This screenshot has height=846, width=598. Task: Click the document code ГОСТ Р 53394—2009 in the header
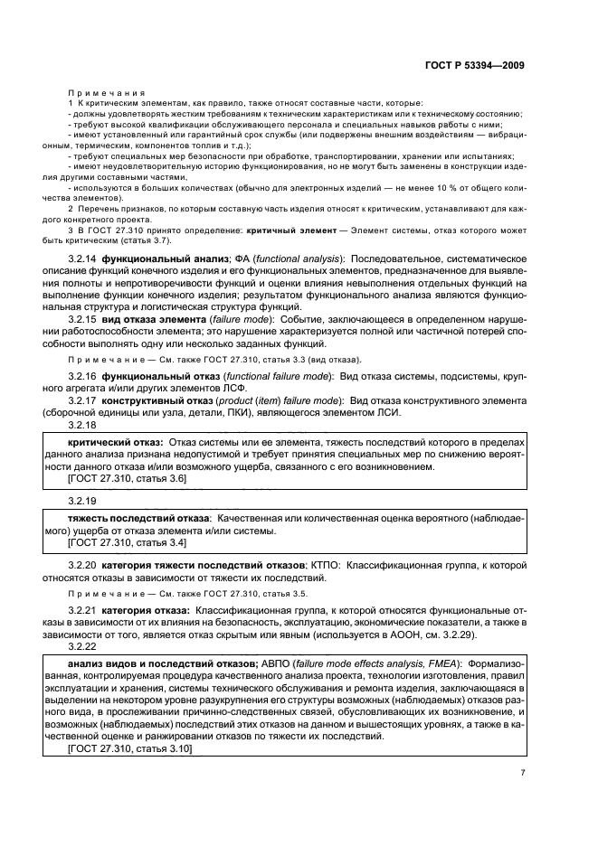(x=477, y=65)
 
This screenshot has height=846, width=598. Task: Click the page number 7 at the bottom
(x=523, y=772)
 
